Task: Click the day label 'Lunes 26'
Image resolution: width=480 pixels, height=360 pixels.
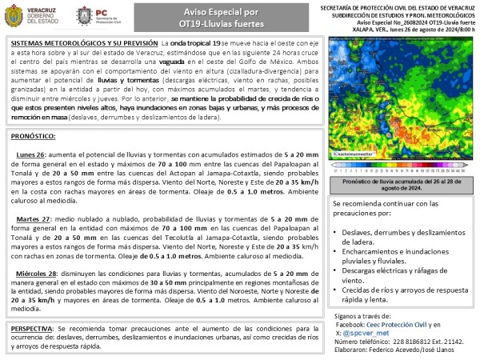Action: coord(30,153)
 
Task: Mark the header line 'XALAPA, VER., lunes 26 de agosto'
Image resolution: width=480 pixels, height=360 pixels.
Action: coord(417,28)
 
